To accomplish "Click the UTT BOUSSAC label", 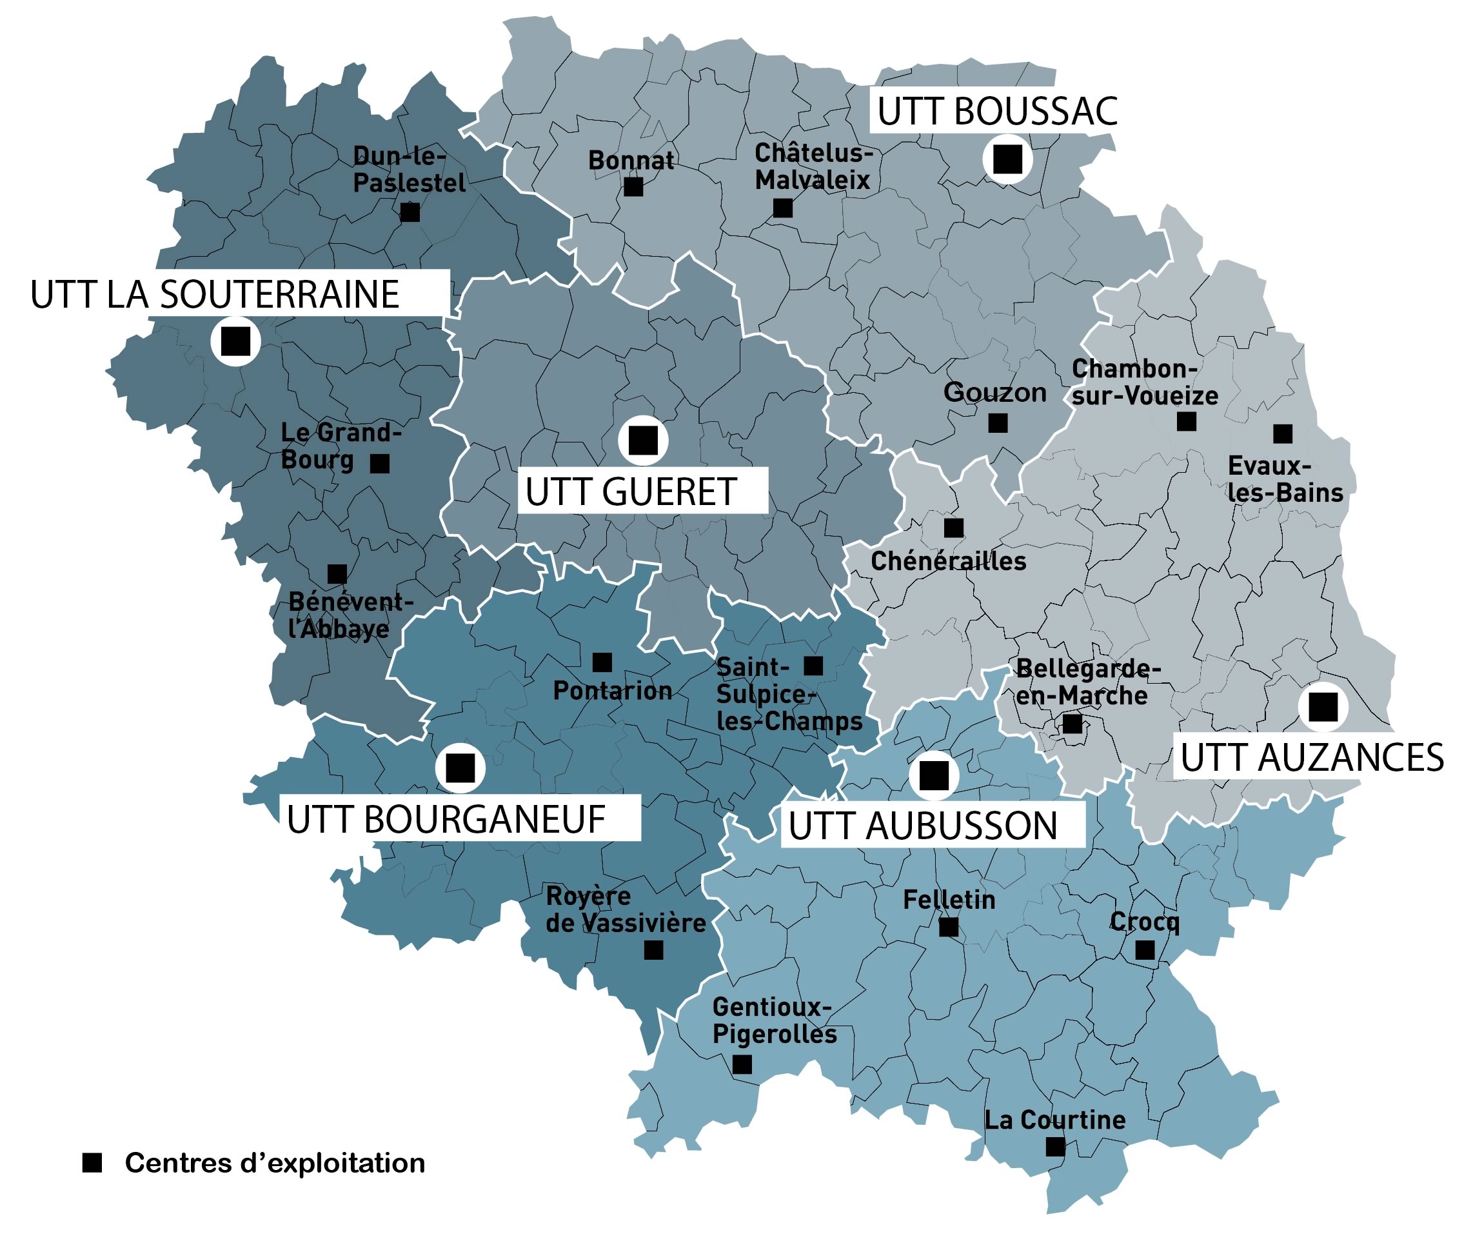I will (996, 111).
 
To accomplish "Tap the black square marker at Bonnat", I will (633, 187).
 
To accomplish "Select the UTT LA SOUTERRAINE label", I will (215, 294).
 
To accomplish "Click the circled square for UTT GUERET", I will (642, 440).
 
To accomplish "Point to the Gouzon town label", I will (994, 392).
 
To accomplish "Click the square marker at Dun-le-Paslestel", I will (410, 212).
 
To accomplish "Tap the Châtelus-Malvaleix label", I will (812, 166).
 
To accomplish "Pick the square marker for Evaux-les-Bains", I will (1281, 433).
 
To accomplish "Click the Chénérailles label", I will (948, 561).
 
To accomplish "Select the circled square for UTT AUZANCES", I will (1322, 706).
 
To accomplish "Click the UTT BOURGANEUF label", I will (446, 819).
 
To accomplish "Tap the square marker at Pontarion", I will (602, 662).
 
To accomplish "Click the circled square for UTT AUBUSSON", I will (933, 775).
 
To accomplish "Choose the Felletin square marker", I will (948, 927).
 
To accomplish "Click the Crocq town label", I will (1143, 921).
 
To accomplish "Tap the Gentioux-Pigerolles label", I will (774, 1020).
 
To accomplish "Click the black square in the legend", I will (92, 1163).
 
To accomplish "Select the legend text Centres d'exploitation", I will (275, 1163).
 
